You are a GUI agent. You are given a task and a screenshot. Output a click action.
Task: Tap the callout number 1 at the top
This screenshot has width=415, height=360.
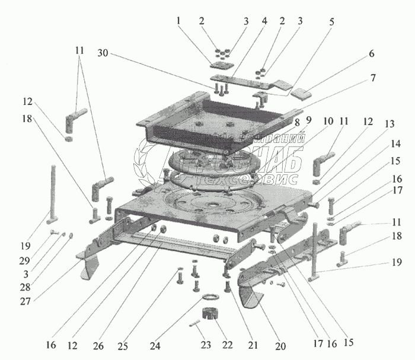178,21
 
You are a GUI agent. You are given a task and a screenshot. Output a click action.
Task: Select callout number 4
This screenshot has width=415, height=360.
264,21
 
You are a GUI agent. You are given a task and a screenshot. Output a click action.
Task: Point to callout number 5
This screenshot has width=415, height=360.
331,22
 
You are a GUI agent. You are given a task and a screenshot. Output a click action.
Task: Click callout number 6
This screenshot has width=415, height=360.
371,53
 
